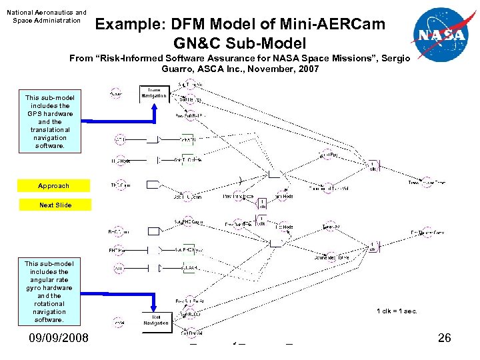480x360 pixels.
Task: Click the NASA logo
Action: point(439,35)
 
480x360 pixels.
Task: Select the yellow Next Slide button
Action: point(55,205)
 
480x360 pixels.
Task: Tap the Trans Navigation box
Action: point(153,93)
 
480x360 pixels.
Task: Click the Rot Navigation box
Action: point(155,320)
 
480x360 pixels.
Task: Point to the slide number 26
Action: point(445,338)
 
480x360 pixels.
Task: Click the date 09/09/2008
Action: point(58,338)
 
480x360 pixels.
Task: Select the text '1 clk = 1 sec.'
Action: point(397,311)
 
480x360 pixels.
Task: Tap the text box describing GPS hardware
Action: point(50,121)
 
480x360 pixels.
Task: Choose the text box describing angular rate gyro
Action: point(49,291)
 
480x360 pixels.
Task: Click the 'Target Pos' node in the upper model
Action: point(331,156)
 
